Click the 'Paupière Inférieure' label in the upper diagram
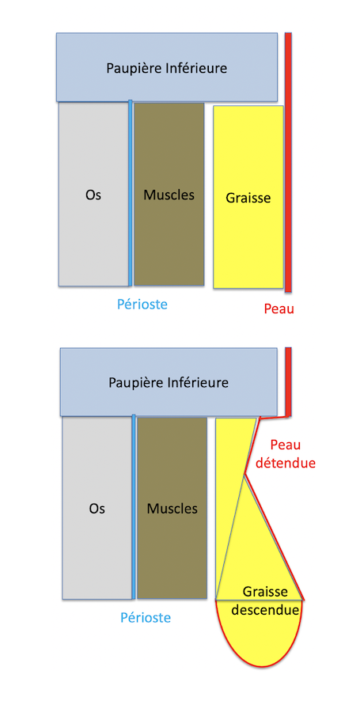(x=167, y=69)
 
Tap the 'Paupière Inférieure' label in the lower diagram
(x=169, y=383)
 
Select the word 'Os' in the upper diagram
(x=93, y=195)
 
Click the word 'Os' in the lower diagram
(x=97, y=508)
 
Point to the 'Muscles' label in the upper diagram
(x=169, y=195)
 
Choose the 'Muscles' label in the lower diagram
(x=172, y=508)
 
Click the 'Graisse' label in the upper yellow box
(x=248, y=198)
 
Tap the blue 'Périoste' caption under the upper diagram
(x=142, y=304)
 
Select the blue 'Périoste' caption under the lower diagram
(x=146, y=618)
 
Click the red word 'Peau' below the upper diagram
(x=279, y=309)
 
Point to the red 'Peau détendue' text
(x=286, y=454)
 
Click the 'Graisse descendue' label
(x=265, y=600)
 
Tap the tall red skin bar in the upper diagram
(x=288, y=162)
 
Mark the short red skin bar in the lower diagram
(x=288, y=381)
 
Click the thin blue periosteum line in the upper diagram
(x=131, y=193)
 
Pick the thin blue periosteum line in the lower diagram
(x=134, y=507)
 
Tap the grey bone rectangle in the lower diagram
(x=97, y=508)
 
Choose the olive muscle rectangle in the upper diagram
(x=169, y=194)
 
